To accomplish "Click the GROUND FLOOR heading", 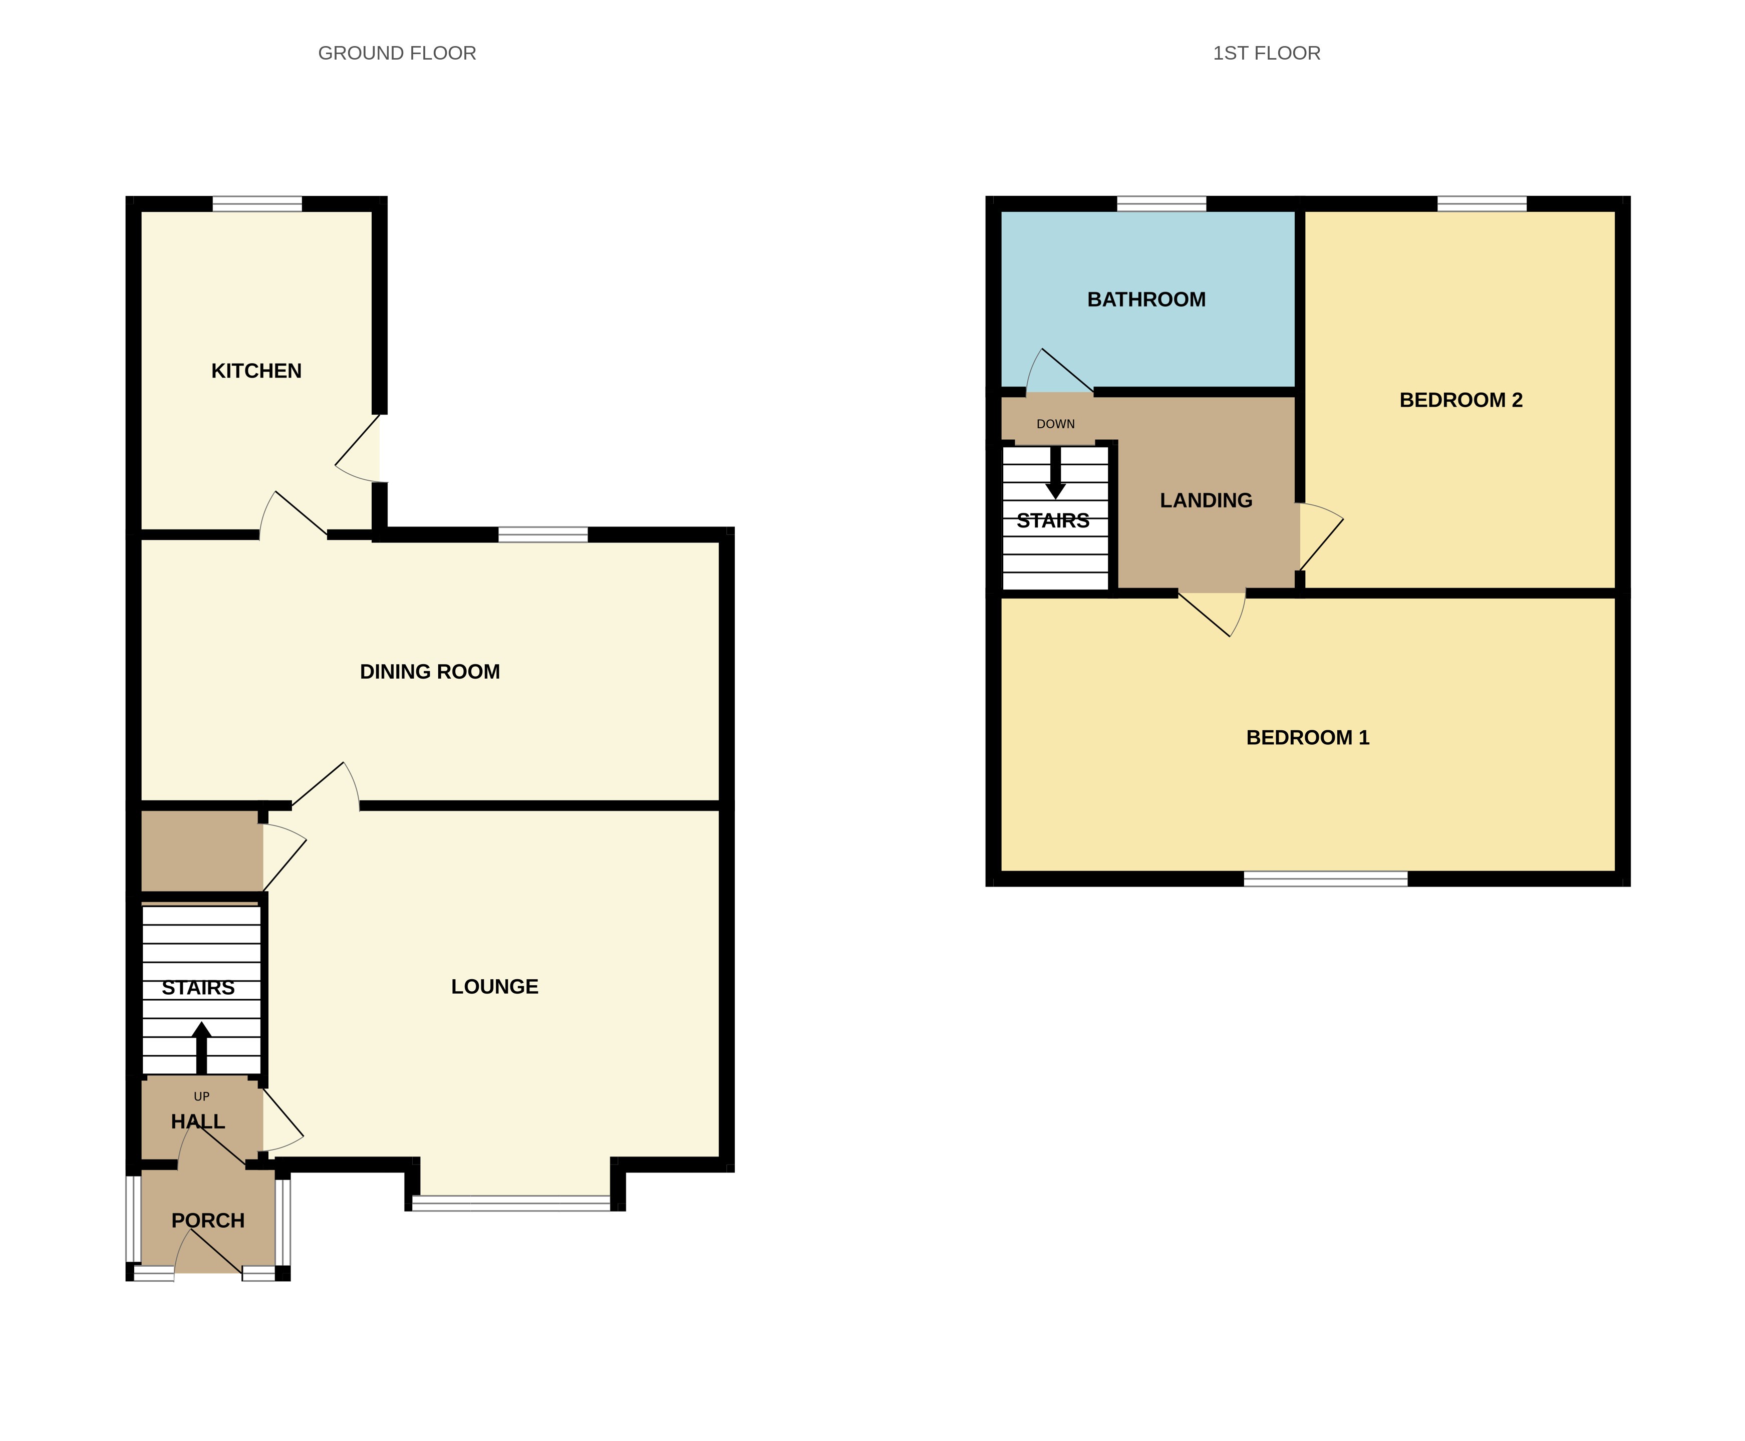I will coord(397,53).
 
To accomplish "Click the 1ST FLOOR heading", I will coord(1266,53).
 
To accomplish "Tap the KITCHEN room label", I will coord(256,371).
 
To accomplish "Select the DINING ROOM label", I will coord(429,672).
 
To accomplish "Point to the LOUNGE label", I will coord(494,986).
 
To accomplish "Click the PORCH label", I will coord(207,1220).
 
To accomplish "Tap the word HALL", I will coord(197,1121).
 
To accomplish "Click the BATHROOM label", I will coord(1145,300).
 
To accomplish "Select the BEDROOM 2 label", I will coord(1460,400).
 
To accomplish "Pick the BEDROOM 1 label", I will coord(1307,737).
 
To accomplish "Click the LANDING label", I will coord(1206,500).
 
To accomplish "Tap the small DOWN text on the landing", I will coord(1055,424).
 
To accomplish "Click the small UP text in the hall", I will coord(201,1096).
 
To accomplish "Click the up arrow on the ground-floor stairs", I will coord(201,1046).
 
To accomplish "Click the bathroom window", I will coord(1160,203).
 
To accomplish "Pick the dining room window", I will coord(542,534).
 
